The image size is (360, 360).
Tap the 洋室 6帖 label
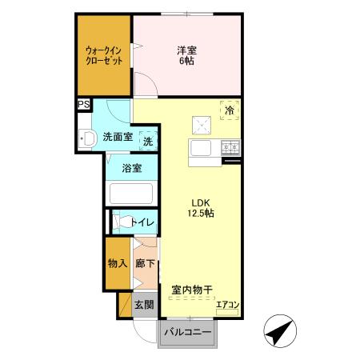[187, 54]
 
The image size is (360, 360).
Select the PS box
[83, 103]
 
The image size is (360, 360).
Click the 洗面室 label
[118, 138]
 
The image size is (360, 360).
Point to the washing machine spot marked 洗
[149, 140]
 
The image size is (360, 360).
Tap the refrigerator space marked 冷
[230, 112]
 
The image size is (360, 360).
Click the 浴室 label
[132, 168]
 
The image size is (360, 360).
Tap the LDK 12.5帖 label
[200, 208]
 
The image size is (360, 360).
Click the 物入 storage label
[118, 263]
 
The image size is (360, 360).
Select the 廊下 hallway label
[145, 263]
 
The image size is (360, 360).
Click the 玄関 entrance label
[144, 305]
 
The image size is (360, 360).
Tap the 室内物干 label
[191, 290]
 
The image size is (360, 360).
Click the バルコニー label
[188, 332]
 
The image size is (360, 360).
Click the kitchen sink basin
[199, 149]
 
